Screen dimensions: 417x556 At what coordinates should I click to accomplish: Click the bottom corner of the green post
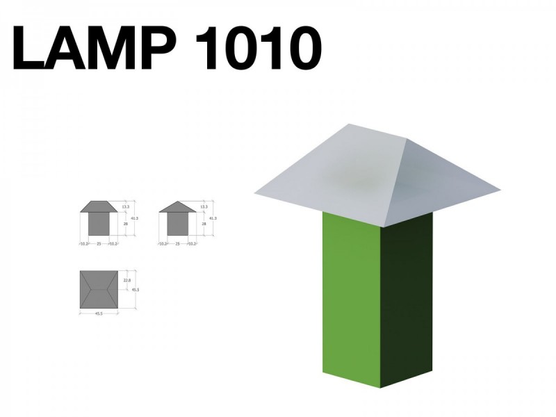click(x=380, y=387)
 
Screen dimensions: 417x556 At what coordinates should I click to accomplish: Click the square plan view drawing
click(x=99, y=288)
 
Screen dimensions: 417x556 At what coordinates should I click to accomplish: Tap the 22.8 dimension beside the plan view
click(x=126, y=280)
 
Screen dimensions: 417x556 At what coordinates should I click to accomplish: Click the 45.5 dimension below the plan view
click(x=99, y=313)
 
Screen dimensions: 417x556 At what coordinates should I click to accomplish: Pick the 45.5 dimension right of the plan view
click(x=137, y=289)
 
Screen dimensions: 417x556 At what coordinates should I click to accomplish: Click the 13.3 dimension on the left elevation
click(x=126, y=207)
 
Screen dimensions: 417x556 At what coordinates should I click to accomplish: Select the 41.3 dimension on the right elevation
click(x=213, y=219)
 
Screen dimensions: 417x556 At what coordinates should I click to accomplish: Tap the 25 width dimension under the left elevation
click(x=99, y=244)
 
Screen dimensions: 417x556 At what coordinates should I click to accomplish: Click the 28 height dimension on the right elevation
click(x=204, y=224)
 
